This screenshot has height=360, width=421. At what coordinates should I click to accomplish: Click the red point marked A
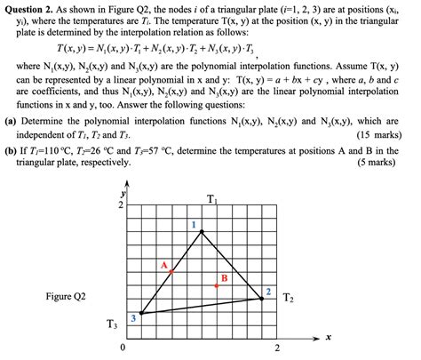(172, 270)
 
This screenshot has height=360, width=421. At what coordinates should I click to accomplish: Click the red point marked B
(217, 285)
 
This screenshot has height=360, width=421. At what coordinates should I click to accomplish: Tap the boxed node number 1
(194, 225)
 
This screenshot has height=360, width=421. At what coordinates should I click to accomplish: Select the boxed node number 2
(268, 291)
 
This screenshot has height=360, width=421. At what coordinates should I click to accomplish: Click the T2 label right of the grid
(289, 298)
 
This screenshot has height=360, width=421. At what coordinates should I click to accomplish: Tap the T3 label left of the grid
(111, 324)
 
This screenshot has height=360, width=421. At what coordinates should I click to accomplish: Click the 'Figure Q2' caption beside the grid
(65, 295)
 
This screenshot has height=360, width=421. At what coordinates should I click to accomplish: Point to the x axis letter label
(328, 338)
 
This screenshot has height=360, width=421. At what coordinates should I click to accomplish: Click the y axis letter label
(123, 191)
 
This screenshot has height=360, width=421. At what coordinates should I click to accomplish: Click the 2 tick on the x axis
(276, 348)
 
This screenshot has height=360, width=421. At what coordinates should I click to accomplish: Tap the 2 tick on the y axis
(121, 205)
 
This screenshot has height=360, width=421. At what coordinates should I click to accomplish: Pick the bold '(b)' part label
(12, 149)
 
